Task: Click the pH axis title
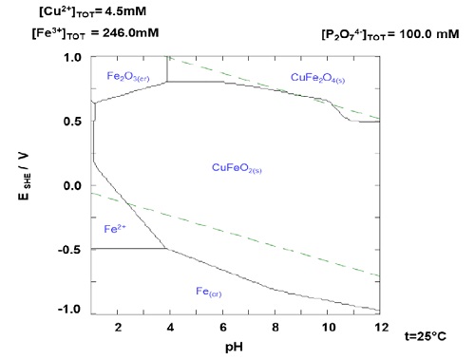coord(234,349)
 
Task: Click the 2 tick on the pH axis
coord(117,328)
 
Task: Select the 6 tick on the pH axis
coord(222,328)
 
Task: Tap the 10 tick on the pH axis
coord(327,328)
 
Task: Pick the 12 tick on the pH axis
coord(379,328)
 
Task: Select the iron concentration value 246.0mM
coord(128,34)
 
